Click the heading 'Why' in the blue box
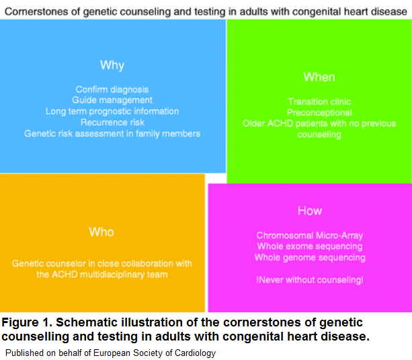[x=112, y=65]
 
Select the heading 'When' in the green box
[x=319, y=77]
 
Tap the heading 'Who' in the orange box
[x=101, y=232]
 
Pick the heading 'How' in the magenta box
[x=310, y=211]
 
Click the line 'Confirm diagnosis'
[x=112, y=89]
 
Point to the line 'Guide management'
[x=112, y=100]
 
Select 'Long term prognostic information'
[x=112, y=111]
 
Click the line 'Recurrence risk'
[x=112, y=122]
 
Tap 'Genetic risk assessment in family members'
[x=112, y=134]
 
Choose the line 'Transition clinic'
[x=319, y=102]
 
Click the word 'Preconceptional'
[x=319, y=113]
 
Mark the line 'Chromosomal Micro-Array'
[x=310, y=236]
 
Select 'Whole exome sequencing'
[x=310, y=246]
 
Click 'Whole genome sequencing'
[x=310, y=257]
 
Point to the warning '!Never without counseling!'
[x=310, y=279]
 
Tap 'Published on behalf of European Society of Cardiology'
[x=111, y=352]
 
